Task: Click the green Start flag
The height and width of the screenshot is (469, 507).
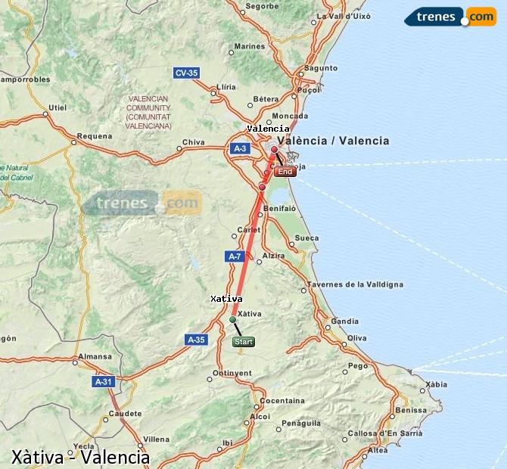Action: tap(244, 342)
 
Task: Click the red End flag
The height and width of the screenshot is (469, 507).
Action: tap(285, 172)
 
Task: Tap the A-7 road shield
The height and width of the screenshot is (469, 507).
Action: tap(235, 256)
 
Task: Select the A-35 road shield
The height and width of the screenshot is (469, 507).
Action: tap(196, 340)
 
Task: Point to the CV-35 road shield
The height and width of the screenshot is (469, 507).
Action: tap(185, 73)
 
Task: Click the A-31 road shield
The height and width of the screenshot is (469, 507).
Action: tap(104, 382)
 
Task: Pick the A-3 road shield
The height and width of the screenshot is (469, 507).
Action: tap(240, 148)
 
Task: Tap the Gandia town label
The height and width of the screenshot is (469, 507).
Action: tap(344, 321)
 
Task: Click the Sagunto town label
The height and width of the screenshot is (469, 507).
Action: tap(322, 67)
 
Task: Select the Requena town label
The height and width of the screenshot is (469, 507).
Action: tap(95, 136)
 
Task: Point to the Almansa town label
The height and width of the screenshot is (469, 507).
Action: tap(95, 356)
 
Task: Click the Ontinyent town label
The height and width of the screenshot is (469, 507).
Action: tap(232, 373)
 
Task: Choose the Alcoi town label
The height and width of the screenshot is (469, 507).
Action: tap(260, 416)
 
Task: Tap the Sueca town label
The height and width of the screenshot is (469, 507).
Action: tap(306, 238)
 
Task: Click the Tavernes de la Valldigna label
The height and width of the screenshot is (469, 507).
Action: tap(355, 284)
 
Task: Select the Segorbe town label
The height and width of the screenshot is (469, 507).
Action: tap(263, 6)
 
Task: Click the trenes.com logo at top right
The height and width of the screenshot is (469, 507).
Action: tap(449, 17)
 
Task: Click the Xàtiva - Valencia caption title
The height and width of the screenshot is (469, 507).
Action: tap(80, 457)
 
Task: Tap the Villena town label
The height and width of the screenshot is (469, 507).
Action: tap(156, 439)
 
